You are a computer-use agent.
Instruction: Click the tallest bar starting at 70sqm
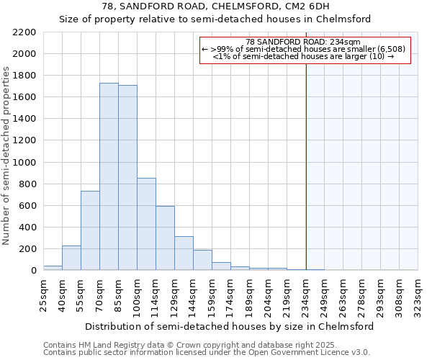pyautogui.click(x=109, y=176)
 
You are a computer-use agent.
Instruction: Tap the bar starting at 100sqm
pyautogui.click(x=146, y=224)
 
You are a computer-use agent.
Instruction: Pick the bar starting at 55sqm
pyautogui.click(x=90, y=230)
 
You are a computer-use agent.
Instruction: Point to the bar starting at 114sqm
pyautogui.click(x=165, y=238)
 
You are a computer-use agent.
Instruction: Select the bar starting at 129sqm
pyautogui.click(x=184, y=253)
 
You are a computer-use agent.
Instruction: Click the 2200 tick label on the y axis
pyautogui.click(x=24, y=32)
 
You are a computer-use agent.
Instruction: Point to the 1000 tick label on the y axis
pyautogui.click(x=24, y=163)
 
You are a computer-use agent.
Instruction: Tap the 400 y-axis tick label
pyautogui.click(x=27, y=228)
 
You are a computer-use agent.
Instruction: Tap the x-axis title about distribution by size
pyautogui.click(x=230, y=326)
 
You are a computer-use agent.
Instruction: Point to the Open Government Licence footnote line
pyautogui.click(x=206, y=353)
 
